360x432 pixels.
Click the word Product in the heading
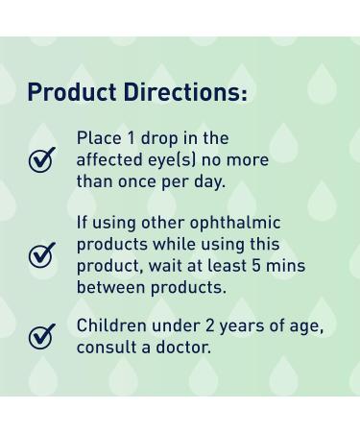71,92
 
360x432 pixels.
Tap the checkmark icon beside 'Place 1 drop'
41,160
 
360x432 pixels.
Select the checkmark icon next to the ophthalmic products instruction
41,255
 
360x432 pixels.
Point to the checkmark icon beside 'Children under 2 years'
41,337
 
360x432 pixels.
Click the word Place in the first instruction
99,138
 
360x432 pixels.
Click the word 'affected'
108,159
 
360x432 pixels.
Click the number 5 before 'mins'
268,266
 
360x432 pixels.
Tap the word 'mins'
291,266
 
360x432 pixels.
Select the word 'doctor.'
182,348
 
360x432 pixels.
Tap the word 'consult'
106,348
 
